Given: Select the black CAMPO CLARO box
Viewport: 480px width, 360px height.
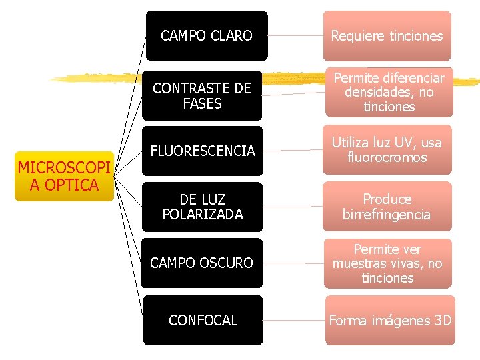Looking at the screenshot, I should pyautogui.click(x=207, y=35).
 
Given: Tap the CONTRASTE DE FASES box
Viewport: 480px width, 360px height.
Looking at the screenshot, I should pyautogui.click(x=201, y=96).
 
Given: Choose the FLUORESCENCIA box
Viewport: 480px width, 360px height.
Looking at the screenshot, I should pyautogui.click(x=203, y=151).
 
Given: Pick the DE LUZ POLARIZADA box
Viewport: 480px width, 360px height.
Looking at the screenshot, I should pyautogui.click(x=203, y=207).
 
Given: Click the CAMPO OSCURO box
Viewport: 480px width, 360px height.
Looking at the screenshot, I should pyautogui.click(x=201, y=263).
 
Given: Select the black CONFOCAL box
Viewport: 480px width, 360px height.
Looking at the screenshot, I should pyautogui.click(x=203, y=321).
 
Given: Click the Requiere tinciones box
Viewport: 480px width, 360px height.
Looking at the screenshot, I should pyautogui.click(x=387, y=36).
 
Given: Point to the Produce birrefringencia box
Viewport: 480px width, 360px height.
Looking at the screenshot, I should pyautogui.click(x=387, y=207).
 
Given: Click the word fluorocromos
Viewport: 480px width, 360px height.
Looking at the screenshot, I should pyautogui.click(x=387, y=158).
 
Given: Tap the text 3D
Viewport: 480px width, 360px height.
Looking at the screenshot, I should pyautogui.click(x=442, y=321).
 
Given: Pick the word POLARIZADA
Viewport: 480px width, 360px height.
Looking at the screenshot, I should pyautogui.click(x=203, y=215).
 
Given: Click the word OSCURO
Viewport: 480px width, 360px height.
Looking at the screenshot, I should pyautogui.click(x=229, y=263).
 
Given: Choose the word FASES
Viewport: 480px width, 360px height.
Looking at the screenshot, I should pyautogui.click(x=202, y=104).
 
